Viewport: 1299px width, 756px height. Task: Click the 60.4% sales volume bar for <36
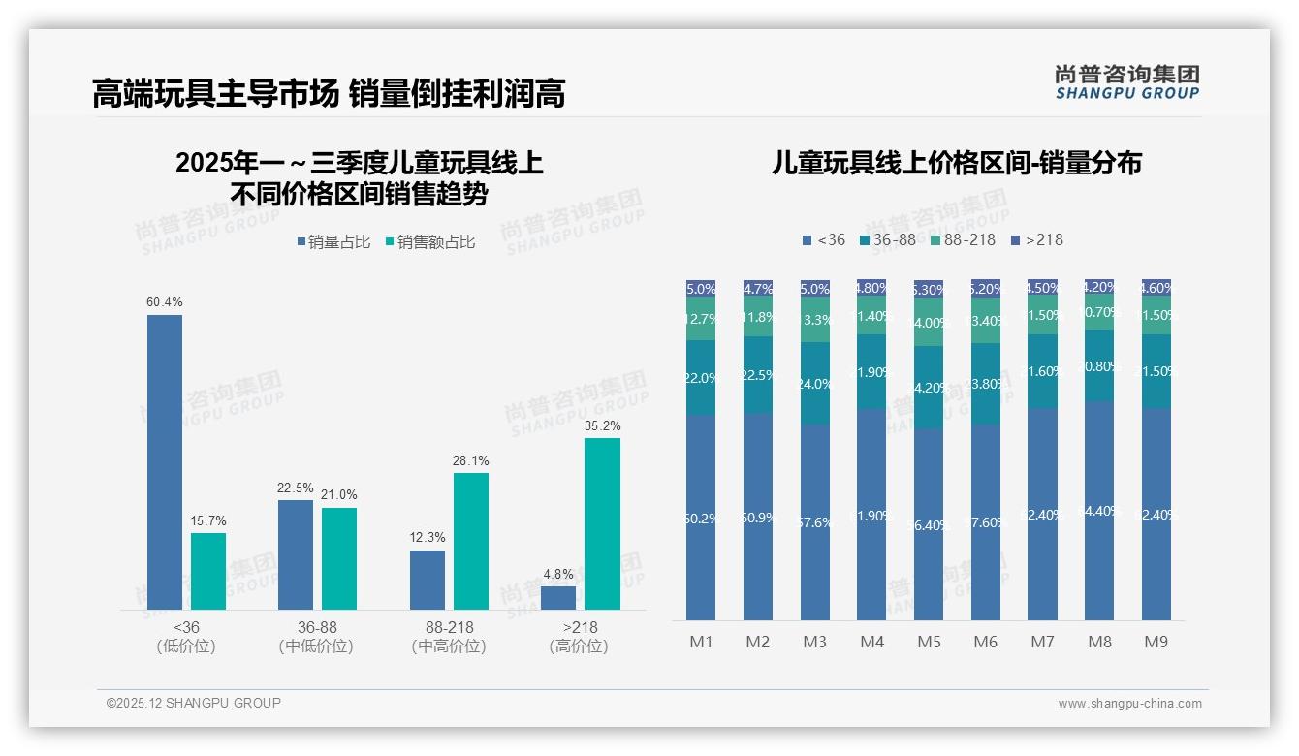(165, 462)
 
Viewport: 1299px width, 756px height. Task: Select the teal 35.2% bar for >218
(602, 523)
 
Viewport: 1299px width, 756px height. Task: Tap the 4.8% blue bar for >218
(558, 598)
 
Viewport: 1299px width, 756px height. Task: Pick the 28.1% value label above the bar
(470, 461)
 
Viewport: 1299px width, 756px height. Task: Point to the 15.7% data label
(208, 521)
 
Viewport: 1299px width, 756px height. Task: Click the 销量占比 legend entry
(333, 242)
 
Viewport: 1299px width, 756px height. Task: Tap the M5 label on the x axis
(929, 642)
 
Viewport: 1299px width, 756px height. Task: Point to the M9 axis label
(1156, 642)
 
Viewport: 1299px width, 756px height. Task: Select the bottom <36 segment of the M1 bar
(701, 519)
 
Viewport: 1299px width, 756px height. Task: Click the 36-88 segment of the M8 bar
(1099, 365)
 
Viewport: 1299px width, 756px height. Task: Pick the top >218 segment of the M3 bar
(815, 289)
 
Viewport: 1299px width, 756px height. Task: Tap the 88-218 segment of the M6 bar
(986, 320)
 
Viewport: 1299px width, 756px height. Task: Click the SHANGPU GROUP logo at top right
(1126, 82)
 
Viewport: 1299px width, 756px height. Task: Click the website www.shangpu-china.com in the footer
(1129, 704)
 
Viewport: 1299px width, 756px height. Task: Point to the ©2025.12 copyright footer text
(194, 703)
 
